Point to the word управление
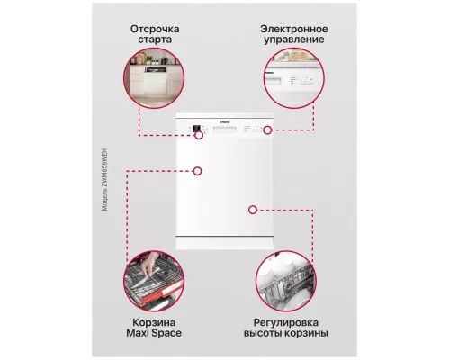tap(291, 40)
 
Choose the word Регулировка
tap(290, 321)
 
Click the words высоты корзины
tap(290, 334)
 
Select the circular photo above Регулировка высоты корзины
tap(290, 278)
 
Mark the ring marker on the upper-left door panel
tap(198, 170)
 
